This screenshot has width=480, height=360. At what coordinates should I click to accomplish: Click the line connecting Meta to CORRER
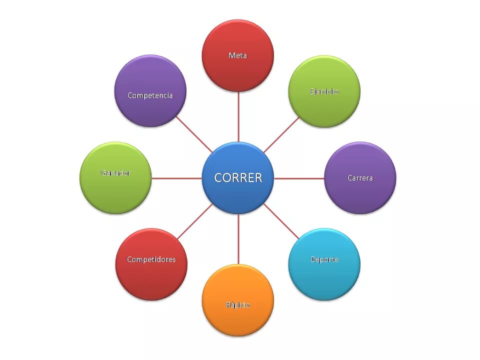tap(238, 116)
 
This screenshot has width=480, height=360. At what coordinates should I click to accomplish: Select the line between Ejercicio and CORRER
tap(281, 134)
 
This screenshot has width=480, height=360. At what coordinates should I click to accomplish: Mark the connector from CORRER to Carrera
tap(299, 178)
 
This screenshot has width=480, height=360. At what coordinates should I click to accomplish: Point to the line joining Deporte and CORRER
tap(281, 221)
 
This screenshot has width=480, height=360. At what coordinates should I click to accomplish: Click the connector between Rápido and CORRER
tap(238, 239)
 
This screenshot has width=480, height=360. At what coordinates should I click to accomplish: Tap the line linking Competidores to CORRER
tap(195, 221)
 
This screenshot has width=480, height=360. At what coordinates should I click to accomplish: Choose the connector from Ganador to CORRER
tap(176, 178)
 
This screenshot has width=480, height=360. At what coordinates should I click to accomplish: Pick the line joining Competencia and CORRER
tap(194, 134)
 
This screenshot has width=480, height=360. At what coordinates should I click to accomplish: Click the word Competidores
tap(151, 259)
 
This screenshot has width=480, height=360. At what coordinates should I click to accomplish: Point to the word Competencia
tap(150, 95)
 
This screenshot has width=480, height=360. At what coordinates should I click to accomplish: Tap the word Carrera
tap(360, 178)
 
